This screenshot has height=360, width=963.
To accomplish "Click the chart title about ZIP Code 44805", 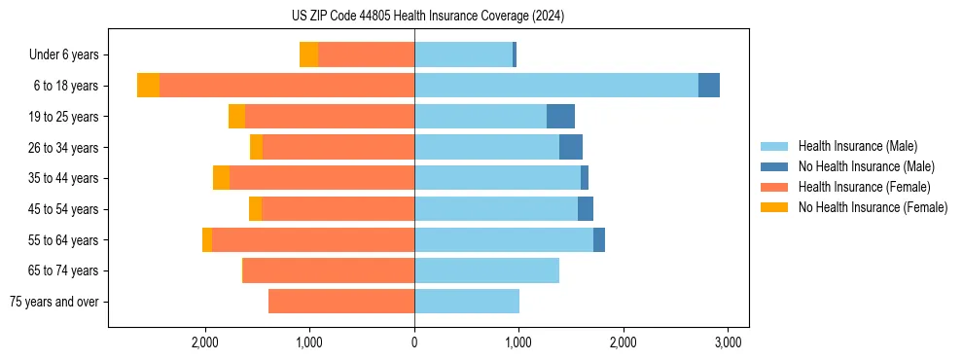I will point(428,17).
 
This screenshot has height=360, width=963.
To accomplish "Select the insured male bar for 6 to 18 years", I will point(556,86).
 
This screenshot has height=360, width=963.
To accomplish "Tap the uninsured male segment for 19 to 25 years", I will point(560,117).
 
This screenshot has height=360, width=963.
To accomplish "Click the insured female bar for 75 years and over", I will point(341,302).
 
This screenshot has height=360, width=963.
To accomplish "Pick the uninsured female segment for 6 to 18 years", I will point(148,86).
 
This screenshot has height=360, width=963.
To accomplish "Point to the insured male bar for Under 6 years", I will point(463,54).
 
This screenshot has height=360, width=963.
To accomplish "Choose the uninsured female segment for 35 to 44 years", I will point(221,178).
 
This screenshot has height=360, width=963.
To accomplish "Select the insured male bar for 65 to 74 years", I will point(486,270).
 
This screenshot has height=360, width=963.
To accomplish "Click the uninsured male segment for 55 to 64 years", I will point(599,239).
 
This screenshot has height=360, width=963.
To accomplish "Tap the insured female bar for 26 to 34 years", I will point(339,147).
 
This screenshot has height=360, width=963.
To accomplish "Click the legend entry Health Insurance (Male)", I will point(857,146).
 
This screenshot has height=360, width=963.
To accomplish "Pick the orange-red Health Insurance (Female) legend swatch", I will point(774,187).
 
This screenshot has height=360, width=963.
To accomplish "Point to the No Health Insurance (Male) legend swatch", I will point(774,166).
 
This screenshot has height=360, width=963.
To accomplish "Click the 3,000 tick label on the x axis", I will point(729,342).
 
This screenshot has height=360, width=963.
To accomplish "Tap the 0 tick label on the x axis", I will point(414,342).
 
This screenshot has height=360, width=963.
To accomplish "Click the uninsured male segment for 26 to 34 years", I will point(571,147).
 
